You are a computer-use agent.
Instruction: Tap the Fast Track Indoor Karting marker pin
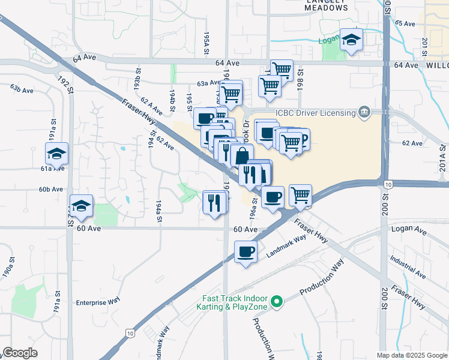coord(277,302)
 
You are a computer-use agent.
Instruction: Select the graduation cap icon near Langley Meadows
coord(351,40)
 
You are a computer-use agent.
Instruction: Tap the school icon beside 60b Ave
coord(82,206)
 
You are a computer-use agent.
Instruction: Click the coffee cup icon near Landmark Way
coord(246,251)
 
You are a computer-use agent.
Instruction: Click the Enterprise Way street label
coord(98,302)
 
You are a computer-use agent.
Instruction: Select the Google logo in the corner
coord(20,353)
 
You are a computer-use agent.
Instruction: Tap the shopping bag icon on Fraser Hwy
coord(241,156)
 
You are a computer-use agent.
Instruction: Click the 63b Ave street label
coord(21,89)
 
